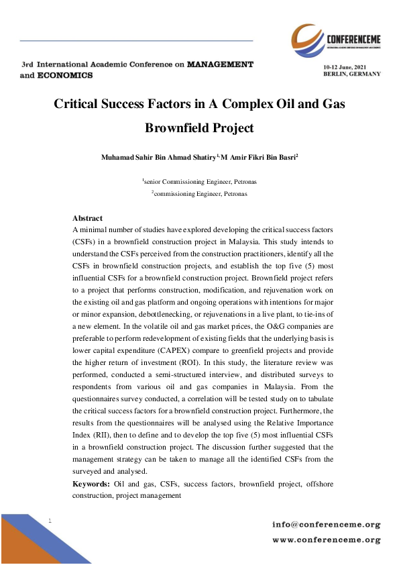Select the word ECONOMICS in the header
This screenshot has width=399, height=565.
click(x=64, y=76)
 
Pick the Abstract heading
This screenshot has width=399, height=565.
click(x=87, y=219)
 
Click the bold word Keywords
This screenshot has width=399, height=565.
click(x=91, y=484)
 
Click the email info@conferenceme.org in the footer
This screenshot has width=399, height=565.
click(x=326, y=523)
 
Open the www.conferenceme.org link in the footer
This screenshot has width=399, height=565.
click(x=326, y=539)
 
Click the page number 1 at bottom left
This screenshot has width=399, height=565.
click(x=51, y=521)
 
